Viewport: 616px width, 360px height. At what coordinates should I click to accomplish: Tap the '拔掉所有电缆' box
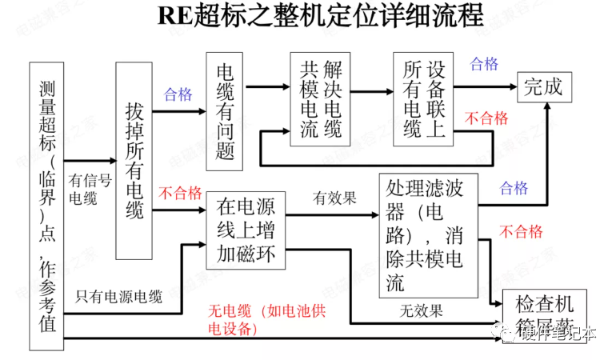(134, 160)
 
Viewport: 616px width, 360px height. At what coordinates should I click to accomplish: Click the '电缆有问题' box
(225, 111)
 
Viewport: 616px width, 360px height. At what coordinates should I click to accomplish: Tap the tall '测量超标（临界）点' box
(46, 206)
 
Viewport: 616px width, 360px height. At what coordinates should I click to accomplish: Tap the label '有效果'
(334, 197)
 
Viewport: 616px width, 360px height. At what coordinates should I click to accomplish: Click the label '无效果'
(422, 310)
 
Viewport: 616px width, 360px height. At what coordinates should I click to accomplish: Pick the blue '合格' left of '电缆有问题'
(178, 94)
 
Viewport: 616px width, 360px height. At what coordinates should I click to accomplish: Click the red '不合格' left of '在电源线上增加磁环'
(180, 193)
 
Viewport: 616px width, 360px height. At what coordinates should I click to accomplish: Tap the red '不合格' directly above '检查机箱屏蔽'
(521, 232)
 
